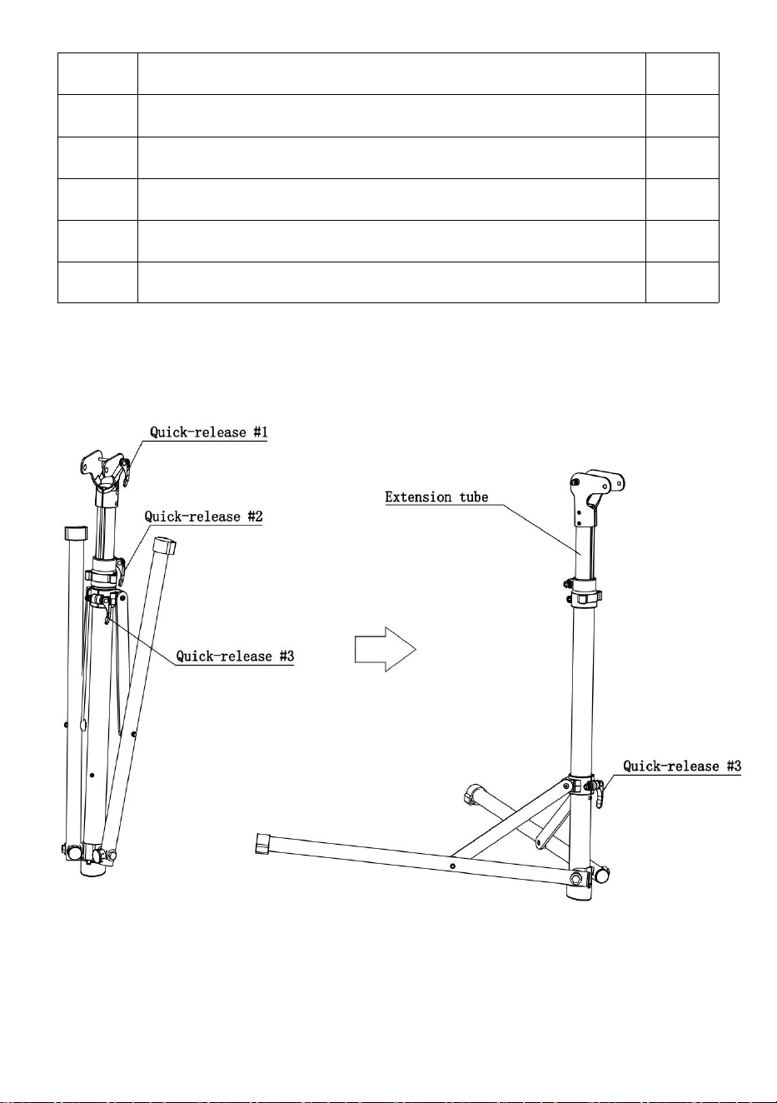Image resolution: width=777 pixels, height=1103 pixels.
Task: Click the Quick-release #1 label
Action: tap(209, 432)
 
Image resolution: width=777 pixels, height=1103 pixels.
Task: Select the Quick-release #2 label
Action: tap(203, 517)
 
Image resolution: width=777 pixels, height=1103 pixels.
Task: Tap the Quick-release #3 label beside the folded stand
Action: tap(235, 656)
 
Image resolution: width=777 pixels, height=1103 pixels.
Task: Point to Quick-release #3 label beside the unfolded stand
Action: tap(682, 766)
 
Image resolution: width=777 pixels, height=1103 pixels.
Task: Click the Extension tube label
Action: tap(436, 497)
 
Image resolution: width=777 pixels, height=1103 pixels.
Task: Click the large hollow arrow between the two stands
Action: tap(386, 649)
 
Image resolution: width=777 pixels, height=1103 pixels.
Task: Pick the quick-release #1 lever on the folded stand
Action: tap(126, 472)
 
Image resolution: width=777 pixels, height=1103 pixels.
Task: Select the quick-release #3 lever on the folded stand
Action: tap(106, 611)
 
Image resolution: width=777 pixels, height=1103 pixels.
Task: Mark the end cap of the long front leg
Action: tap(262, 843)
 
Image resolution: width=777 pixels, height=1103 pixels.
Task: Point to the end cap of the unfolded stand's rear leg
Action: tap(472, 794)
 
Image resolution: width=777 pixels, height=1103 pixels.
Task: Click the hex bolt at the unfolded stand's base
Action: tap(576, 879)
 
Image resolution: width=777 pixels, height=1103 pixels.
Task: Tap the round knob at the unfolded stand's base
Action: tap(603, 876)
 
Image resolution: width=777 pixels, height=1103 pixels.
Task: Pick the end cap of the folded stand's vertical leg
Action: tap(76, 533)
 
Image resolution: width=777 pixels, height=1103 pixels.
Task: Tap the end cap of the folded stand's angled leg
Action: tap(164, 546)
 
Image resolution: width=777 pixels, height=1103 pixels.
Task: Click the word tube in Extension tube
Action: tap(474, 497)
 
